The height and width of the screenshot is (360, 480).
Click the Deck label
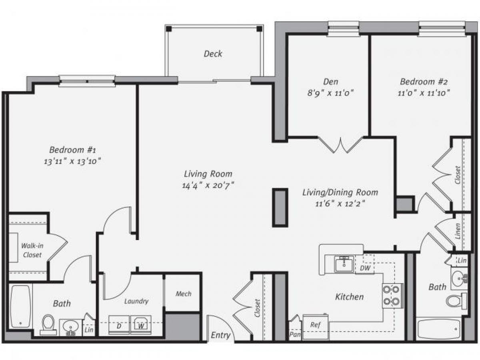tap(213, 54)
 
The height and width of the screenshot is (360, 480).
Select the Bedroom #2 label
tap(424, 82)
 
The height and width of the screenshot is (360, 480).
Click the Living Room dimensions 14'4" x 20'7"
tap(208, 185)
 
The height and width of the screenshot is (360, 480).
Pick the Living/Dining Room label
tap(340, 192)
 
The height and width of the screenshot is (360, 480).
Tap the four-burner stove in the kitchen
tap(392, 296)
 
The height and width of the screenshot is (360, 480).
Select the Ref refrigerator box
tap(315, 324)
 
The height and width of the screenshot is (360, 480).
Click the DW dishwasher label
tap(365, 268)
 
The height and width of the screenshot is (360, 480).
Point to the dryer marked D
tap(119, 325)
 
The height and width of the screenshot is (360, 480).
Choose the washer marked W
tap(141, 325)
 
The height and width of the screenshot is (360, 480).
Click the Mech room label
tap(183, 294)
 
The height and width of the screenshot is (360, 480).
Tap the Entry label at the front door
tap(220, 335)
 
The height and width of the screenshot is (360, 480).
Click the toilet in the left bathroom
tap(48, 324)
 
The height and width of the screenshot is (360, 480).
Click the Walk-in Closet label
tap(32, 250)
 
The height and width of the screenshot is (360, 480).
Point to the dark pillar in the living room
tap(280, 208)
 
